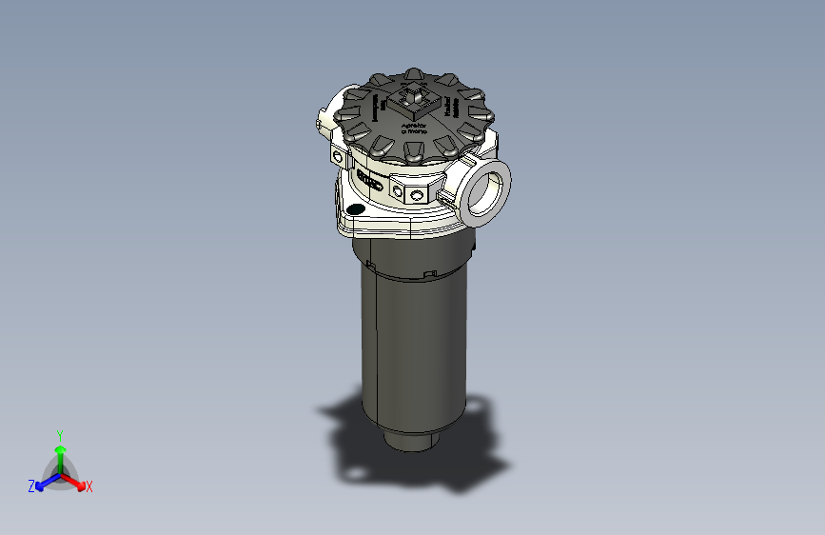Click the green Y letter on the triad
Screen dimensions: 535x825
coord(59,433)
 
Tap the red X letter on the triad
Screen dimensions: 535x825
coord(89,487)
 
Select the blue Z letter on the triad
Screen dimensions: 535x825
coord(30,486)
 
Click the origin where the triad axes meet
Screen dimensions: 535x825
coord(60,471)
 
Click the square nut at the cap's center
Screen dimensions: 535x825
coord(416,96)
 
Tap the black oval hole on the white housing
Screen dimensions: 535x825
coord(355,208)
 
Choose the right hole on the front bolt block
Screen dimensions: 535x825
coord(416,195)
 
